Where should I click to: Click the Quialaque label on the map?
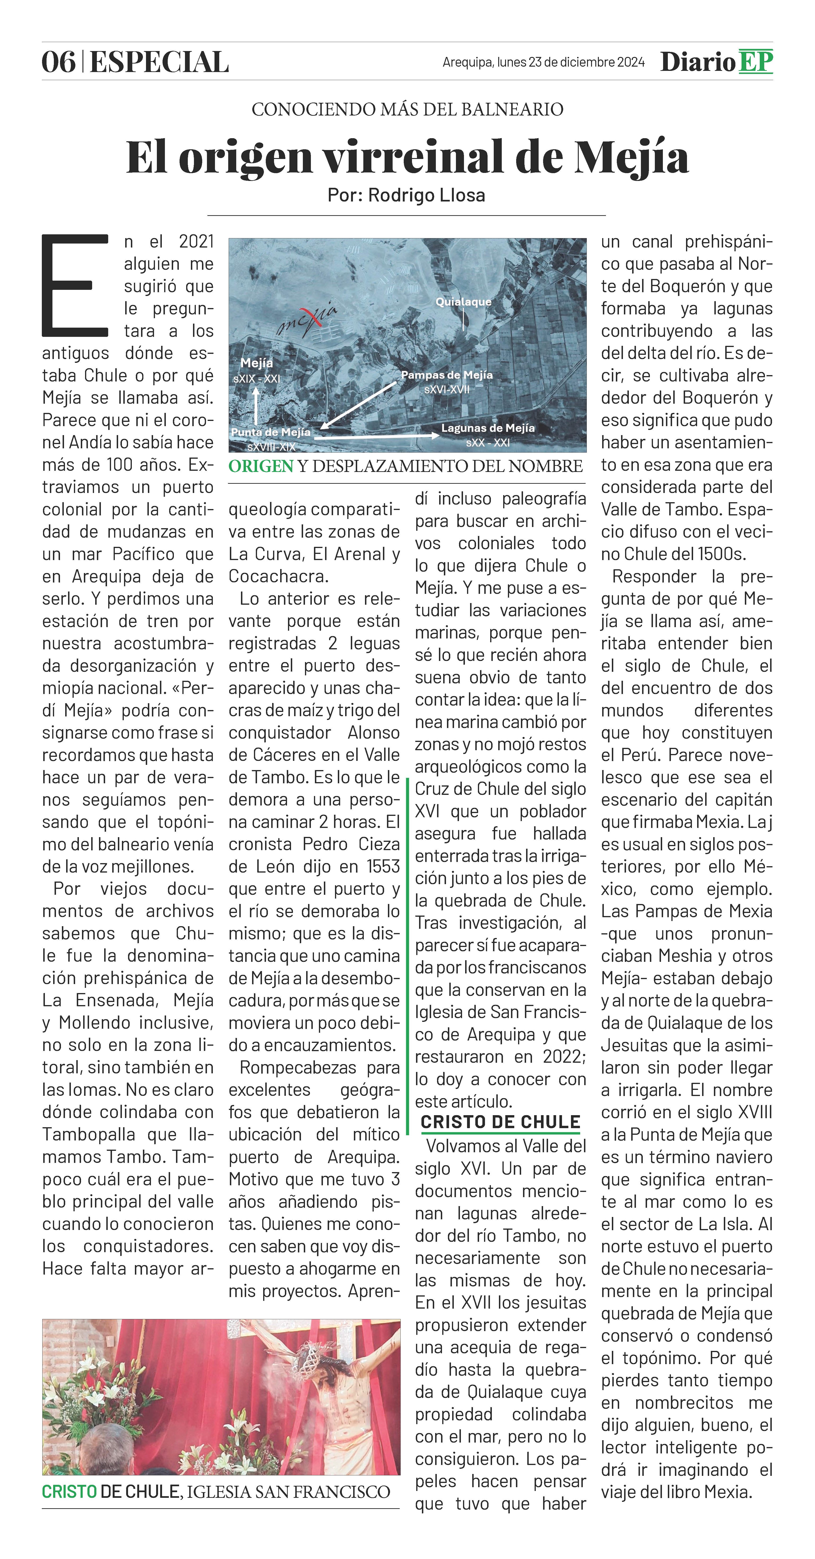pyautogui.click(x=463, y=301)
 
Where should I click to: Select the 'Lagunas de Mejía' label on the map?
pyautogui.click(x=488, y=428)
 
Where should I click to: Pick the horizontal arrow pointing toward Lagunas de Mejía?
pyautogui.click(x=381, y=435)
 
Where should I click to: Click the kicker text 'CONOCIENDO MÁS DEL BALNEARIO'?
pyautogui.click(x=407, y=110)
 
